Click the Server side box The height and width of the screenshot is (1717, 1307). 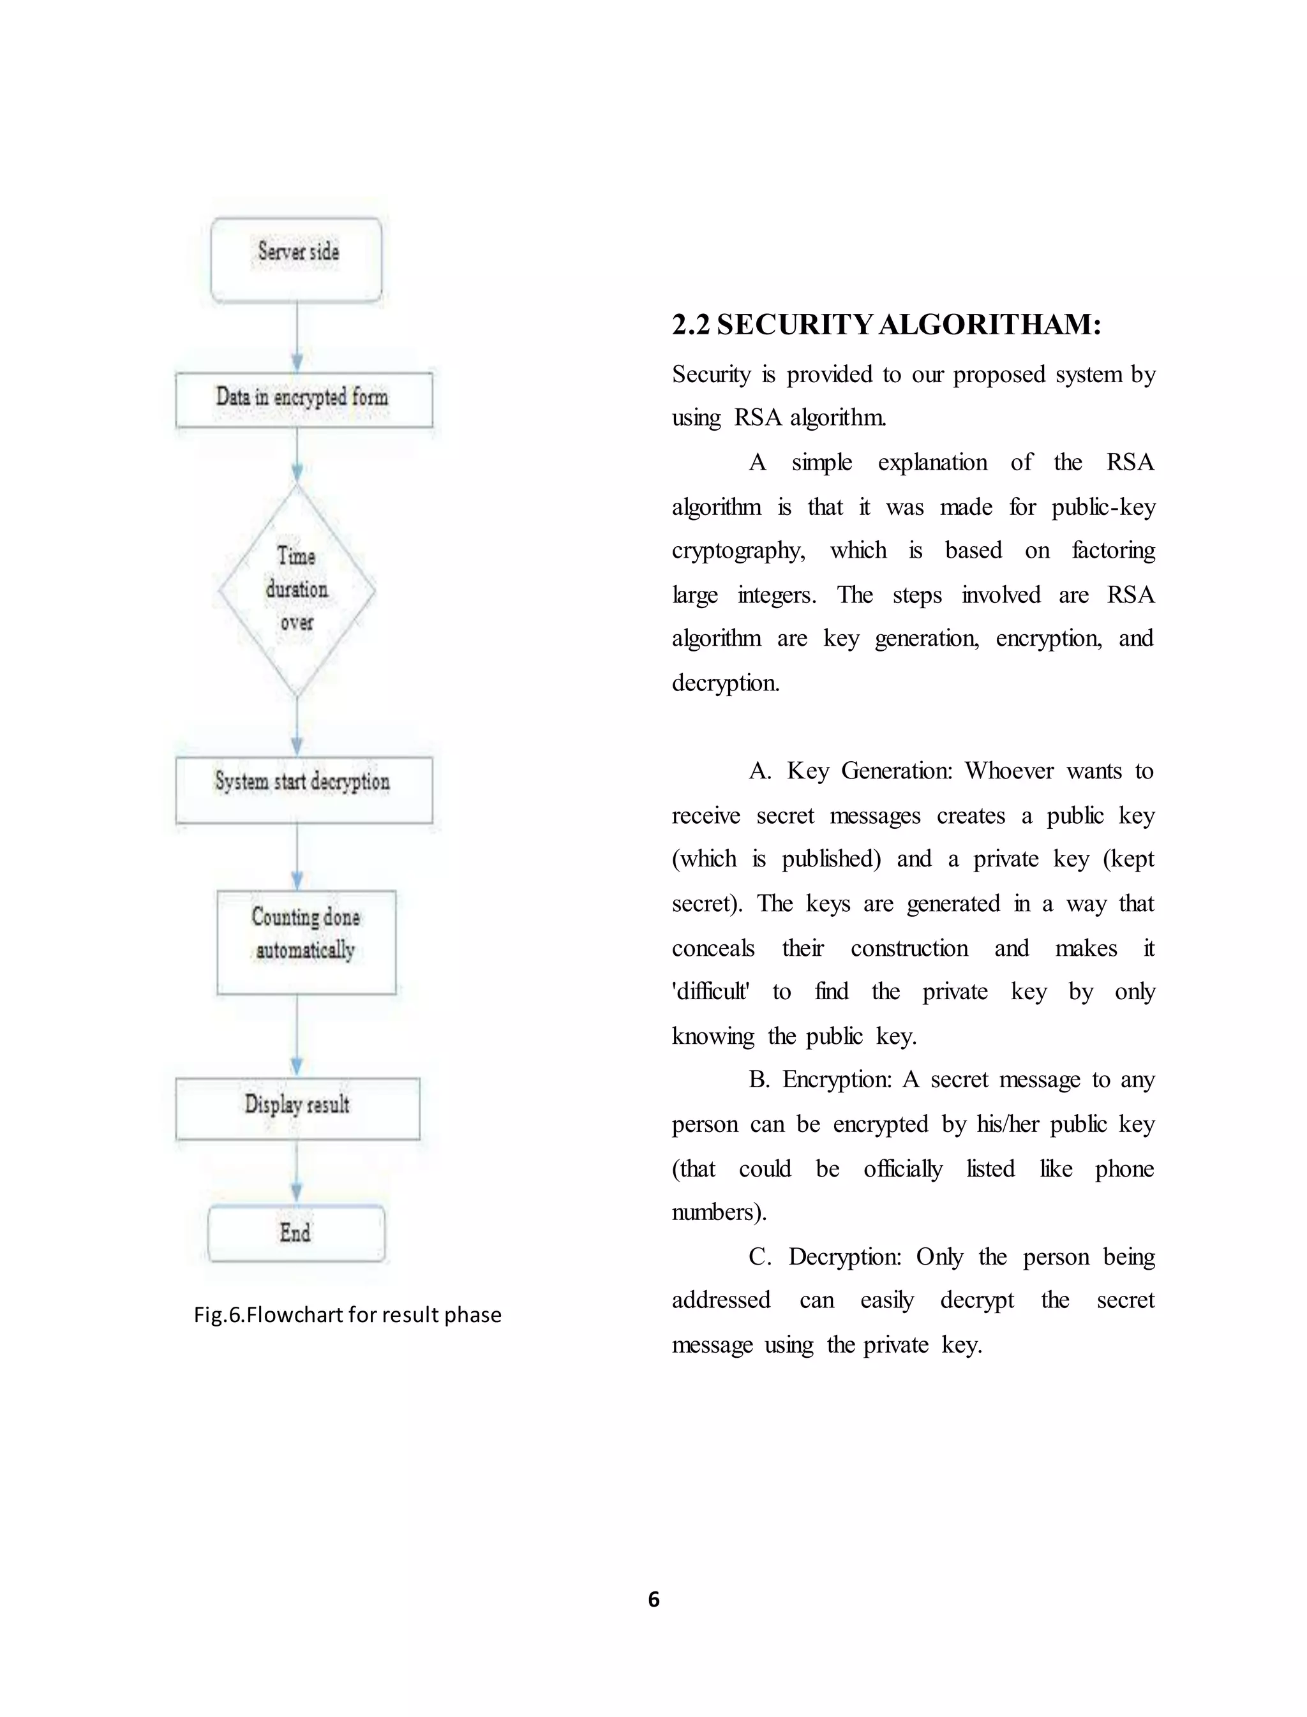pyautogui.click(x=296, y=259)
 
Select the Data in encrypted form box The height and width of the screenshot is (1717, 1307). pyautogui.click(x=303, y=399)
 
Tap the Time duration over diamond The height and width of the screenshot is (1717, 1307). pyautogui.click(x=296, y=590)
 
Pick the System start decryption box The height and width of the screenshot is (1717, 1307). pyautogui.click(x=303, y=789)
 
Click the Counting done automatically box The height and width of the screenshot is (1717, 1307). pyautogui.click(x=306, y=942)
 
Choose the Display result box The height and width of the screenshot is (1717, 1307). pyautogui.click(x=297, y=1108)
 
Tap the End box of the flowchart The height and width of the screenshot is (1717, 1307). pyautogui.click(x=295, y=1233)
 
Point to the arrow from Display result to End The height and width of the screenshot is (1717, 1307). pyautogui.click(x=296, y=1172)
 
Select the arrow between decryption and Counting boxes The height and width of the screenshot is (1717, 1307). pyautogui.click(x=296, y=856)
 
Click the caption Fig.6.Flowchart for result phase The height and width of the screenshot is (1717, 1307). pyautogui.click(x=347, y=1315)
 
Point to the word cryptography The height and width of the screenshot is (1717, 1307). pyautogui.click(x=738, y=551)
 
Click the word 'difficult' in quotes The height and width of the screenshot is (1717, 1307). pyautogui.click(x=710, y=992)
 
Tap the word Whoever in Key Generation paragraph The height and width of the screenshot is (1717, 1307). pyautogui.click(x=1009, y=771)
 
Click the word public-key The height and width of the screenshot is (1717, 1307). pyautogui.click(x=1103, y=507)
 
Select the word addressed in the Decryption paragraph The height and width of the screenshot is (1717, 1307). pyautogui.click(x=721, y=1300)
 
